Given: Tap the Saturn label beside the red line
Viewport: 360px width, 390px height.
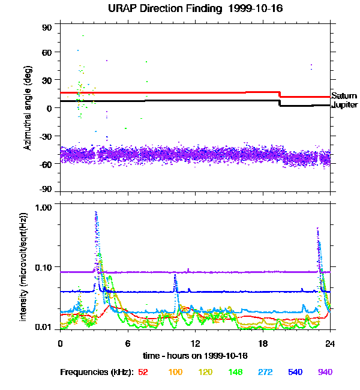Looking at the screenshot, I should pyautogui.click(x=344, y=96).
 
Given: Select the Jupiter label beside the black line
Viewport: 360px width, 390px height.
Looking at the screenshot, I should pyautogui.click(x=344, y=105).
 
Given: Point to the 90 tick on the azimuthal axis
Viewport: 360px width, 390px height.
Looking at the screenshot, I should pyautogui.click(x=47, y=28).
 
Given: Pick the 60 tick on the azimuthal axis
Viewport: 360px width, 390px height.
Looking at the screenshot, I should pyautogui.click(x=47, y=52).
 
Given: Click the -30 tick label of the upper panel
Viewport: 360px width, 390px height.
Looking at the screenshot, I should pyautogui.click(x=46, y=136).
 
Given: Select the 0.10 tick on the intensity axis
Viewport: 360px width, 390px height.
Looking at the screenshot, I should pyautogui.click(x=44, y=266).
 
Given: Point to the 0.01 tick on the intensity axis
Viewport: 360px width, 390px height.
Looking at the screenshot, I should pyautogui.click(x=44, y=328).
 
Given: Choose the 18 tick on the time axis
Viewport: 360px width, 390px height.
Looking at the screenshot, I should pyautogui.click(x=262, y=343).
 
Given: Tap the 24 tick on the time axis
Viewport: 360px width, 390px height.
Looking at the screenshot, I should pyautogui.click(x=330, y=343).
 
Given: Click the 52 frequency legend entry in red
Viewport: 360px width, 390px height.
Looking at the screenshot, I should pyautogui.click(x=143, y=373).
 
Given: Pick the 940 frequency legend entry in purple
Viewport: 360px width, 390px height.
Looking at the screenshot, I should pyautogui.click(x=325, y=373).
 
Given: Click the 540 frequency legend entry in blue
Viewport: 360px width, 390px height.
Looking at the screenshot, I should pyautogui.click(x=295, y=373).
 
